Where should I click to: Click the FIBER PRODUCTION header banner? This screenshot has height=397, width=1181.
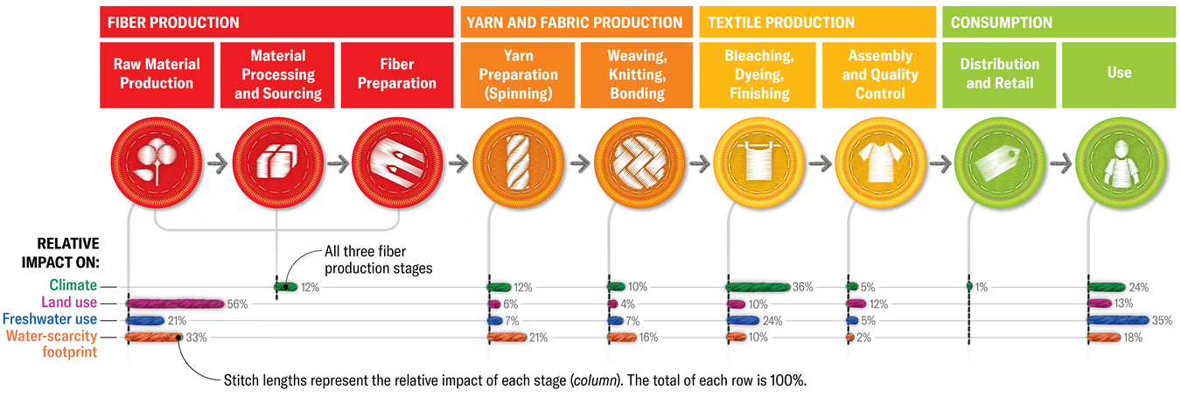coord(276,22)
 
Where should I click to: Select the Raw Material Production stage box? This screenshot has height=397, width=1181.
coord(157,74)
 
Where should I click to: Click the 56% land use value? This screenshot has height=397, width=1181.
coord(238,304)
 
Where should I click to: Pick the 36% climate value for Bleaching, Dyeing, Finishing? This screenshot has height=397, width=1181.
coord(802,287)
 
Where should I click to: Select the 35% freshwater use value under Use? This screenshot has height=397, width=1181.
coord(1162,321)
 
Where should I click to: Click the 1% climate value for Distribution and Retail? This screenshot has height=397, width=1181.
coord(981,287)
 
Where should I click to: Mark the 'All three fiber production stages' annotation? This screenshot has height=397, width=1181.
coord(378,261)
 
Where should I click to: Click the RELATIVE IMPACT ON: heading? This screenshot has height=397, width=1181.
coord(68,252)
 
